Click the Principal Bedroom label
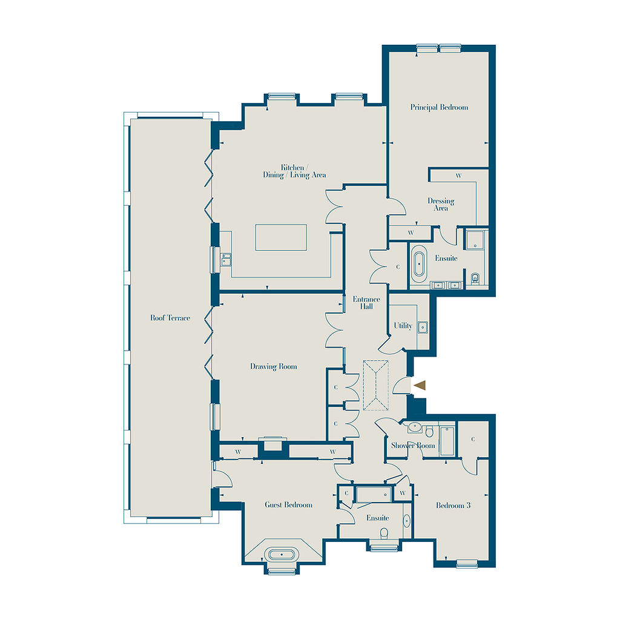point(439,107)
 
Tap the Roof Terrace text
point(170,317)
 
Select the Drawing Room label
point(273,366)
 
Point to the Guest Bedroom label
point(288,504)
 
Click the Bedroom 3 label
point(453,505)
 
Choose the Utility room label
point(403,325)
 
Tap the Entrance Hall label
point(366,303)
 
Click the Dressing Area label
point(441,205)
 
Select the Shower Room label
point(413,445)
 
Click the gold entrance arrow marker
point(420,385)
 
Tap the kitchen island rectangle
point(281,237)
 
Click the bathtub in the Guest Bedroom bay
point(281,555)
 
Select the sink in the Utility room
point(423,328)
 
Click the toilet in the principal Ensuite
point(475,279)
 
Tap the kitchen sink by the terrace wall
point(226,259)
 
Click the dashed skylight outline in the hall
point(375,385)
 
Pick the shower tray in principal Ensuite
point(475,240)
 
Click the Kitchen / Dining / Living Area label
point(294,171)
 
